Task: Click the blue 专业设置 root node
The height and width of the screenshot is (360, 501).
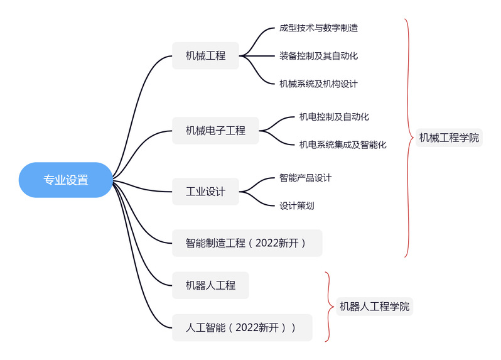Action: click(66, 180)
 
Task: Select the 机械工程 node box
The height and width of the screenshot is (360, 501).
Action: click(205, 55)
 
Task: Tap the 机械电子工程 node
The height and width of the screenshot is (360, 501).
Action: click(215, 131)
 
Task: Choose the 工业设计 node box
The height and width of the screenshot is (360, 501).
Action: click(205, 192)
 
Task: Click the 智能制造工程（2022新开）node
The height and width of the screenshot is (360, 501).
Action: click(247, 243)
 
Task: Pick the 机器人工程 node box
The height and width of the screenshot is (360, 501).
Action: click(210, 285)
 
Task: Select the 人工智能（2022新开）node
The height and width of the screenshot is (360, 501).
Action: click(242, 327)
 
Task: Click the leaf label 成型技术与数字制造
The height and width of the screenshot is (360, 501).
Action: click(318, 28)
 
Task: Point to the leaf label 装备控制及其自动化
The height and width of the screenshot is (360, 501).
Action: click(318, 55)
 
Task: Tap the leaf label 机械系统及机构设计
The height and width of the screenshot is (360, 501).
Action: click(318, 84)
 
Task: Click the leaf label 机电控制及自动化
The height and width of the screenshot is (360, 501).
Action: click(334, 116)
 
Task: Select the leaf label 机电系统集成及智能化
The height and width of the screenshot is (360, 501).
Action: click(343, 145)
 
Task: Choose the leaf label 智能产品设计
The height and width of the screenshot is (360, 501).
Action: click(305, 178)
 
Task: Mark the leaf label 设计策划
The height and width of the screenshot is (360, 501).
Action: click(296, 205)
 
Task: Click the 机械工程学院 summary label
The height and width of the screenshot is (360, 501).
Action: click(449, 138)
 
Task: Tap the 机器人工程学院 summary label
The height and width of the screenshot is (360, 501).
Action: click(374, 307)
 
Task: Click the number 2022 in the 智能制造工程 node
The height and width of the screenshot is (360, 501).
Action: click(270, 243)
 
